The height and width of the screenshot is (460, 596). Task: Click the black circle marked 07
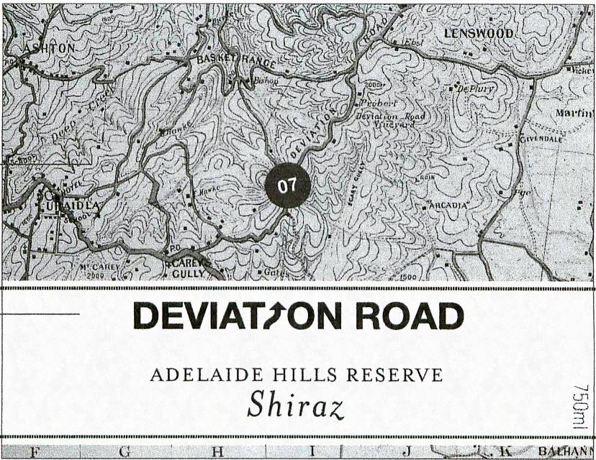[x=288, y=185]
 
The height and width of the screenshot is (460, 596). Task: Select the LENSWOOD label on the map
[x=479, y=34]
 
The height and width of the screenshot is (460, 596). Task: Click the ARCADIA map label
[x=448, y=205]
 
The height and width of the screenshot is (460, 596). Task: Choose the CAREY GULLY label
[x=189, y=268]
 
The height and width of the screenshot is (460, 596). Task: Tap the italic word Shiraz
[x=296, y=406]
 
